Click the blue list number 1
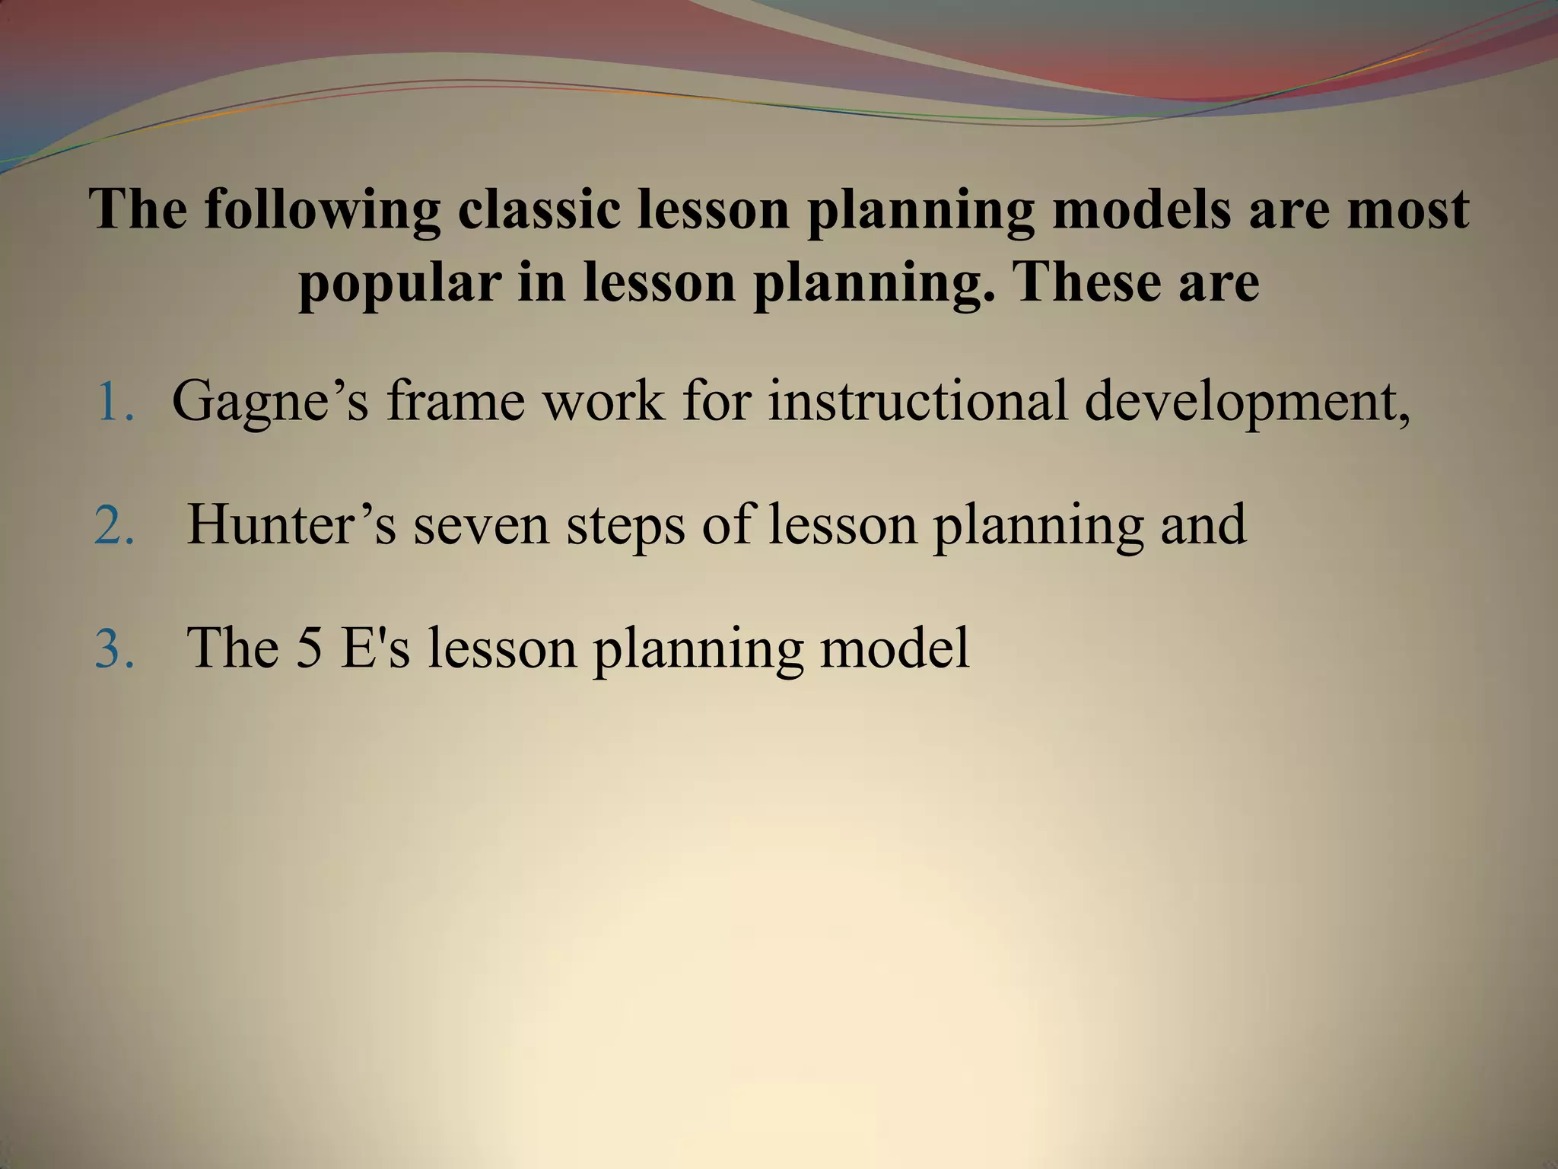[115, 402]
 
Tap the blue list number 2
[115, 525]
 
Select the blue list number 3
[115, 648]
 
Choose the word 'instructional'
[917, 402]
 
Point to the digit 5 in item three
[308, 648]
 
